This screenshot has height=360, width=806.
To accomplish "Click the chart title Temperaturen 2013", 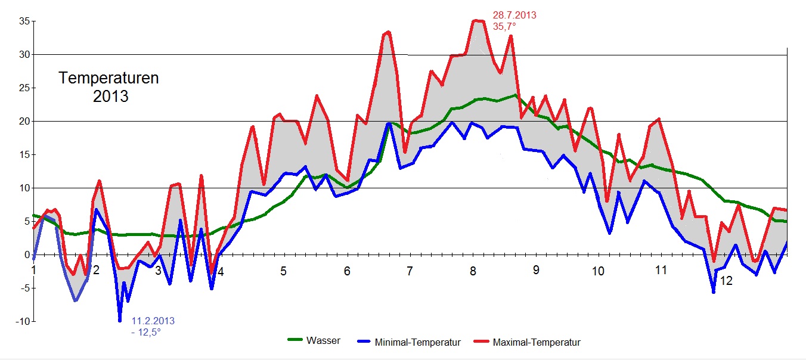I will [109, 87].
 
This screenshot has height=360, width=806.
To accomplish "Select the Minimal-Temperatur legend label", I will [418, 343].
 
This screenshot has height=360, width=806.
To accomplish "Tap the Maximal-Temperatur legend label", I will [537, 343].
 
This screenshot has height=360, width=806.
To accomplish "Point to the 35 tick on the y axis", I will [24, 21].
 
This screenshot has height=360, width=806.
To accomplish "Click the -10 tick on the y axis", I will [23, 322].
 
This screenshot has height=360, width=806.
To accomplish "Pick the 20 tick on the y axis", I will [24, 121].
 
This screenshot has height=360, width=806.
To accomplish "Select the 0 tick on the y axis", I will [27, 255].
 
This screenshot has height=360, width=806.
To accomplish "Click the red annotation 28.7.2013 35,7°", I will [514, 21].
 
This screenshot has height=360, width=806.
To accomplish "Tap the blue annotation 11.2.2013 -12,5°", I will [153, 327].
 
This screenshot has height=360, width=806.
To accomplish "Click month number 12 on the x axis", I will [726, 280].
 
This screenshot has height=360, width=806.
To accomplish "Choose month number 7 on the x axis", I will [410, 271].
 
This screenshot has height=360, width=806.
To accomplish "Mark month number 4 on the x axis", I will [221, 272].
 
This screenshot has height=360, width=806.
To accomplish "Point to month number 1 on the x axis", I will [34, 269].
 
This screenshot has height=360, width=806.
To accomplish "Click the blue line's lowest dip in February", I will [120, 321].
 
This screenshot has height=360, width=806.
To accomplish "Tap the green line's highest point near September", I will [514, 95].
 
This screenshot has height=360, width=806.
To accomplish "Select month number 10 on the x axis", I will [597, 271].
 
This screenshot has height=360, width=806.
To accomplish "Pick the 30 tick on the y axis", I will [24, 54].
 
